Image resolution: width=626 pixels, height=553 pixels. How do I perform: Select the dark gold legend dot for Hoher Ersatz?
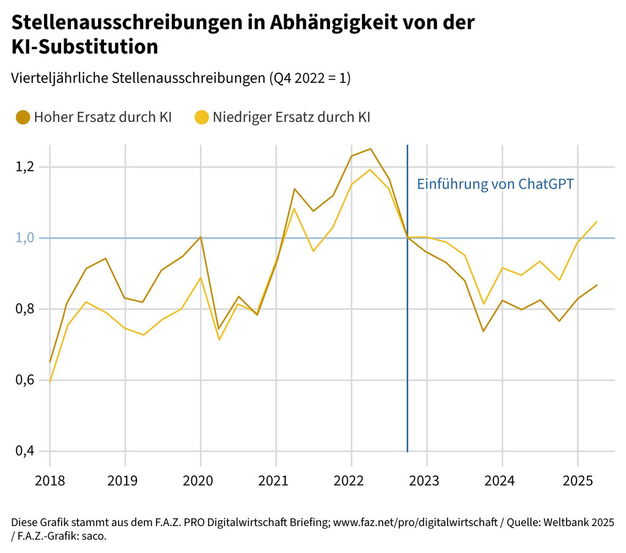[23, 117]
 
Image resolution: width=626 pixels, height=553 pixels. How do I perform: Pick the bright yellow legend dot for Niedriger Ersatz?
[202, 117]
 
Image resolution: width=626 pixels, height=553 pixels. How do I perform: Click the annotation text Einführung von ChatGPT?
[495, 184]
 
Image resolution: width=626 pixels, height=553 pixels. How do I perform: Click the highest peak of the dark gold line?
[370, 148]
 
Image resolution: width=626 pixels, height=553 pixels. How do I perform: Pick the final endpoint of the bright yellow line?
[597, 222]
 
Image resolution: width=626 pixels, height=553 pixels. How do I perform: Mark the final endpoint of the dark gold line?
[597, 285]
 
